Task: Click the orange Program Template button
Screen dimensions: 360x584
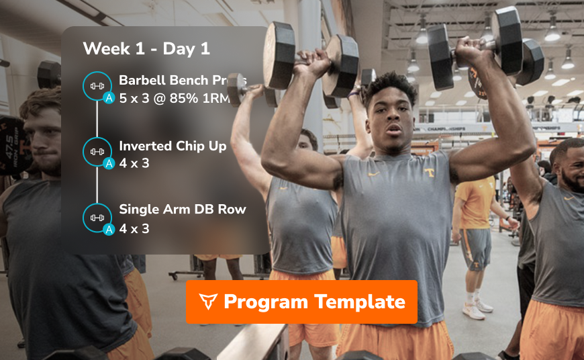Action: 301,302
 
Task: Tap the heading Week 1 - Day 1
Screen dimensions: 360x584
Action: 146,48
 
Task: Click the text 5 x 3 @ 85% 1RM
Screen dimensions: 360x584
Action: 175,99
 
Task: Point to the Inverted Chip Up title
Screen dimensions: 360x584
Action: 173,146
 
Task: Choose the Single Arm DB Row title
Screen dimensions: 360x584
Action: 182,209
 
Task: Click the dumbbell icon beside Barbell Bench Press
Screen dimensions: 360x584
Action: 97,85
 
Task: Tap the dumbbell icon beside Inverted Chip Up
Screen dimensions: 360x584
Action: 97,151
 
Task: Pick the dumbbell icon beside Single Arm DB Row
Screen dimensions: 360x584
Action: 97,217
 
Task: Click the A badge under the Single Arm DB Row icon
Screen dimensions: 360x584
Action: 109,230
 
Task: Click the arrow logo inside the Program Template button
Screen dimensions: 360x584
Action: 209,302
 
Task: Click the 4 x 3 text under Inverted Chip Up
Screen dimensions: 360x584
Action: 134,163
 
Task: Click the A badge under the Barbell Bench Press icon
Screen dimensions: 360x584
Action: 109,98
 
